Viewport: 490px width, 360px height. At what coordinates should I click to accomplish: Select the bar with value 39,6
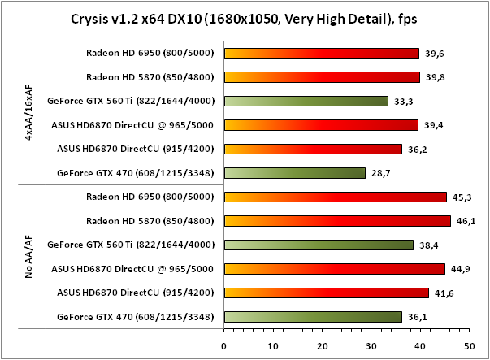pyautogui.click(x=321, y=54)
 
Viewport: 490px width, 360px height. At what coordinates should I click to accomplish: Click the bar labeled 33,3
pyautogui.click(x=306, y=102)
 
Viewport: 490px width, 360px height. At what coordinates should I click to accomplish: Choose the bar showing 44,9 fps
pyautogui.click(x=334, y=268)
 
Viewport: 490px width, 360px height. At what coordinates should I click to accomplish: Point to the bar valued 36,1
pyautogui.click(x=313, y=316)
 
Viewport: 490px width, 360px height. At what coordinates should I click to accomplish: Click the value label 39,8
pyautogui.click(x=433, y=78)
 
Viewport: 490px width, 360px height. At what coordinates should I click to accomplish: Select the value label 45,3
pyautogui.click(x=460, y=197)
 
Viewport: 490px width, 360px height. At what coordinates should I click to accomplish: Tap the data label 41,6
pyautogui.click(x=442, y=293)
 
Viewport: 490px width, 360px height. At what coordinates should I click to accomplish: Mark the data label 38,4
pyautogui.click(x=427, y=245)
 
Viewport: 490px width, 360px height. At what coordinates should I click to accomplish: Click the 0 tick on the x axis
pyautogui.click(x=223, y=345)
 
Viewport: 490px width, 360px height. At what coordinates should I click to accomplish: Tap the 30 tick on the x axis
pyautogui.click(x=371, y=345)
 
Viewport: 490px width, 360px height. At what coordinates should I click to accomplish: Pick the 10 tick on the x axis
pyautogui.click(x=272, y=345)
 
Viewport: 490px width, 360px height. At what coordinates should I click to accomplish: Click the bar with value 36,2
pyautogui.click(x=313, y=149)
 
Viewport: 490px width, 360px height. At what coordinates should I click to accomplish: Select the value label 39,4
pyautogui.click(x=431, y=125)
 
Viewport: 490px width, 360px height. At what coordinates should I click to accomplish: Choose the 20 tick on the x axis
pyautogui.click(x=322, y=345)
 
